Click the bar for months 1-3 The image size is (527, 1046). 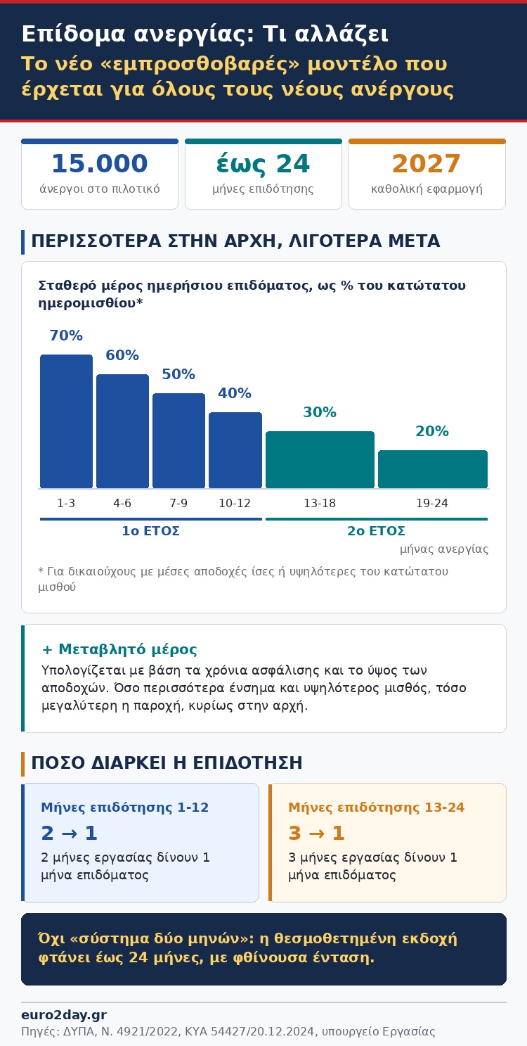pos(66,421)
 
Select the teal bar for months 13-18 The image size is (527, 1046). pos(320,459)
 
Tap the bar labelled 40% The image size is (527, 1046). pos(235,450)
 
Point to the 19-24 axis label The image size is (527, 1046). pos(432,503)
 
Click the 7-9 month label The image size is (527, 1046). pos(178,503)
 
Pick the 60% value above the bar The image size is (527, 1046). pos(122,355)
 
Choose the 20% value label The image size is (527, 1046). pos(432,430)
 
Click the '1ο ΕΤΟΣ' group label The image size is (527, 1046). pos(150,531)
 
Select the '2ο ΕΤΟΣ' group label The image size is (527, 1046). pos(376,531)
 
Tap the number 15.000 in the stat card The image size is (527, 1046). pos(100,163)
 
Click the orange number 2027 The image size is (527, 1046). pos(427,163)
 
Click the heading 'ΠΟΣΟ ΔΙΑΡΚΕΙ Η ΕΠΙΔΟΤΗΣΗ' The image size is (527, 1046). pos(167,763)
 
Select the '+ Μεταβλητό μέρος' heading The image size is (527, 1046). pos(119,649)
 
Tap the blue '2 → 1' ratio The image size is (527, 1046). pos(69,833)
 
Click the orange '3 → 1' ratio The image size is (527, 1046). pos(316,833)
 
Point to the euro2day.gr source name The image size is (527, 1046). pos(64,1015)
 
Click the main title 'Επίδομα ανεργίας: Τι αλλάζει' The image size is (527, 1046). pos(204,34)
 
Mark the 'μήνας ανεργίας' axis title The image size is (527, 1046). pos(444,549)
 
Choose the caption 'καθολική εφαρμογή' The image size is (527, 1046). pos(427,189)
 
